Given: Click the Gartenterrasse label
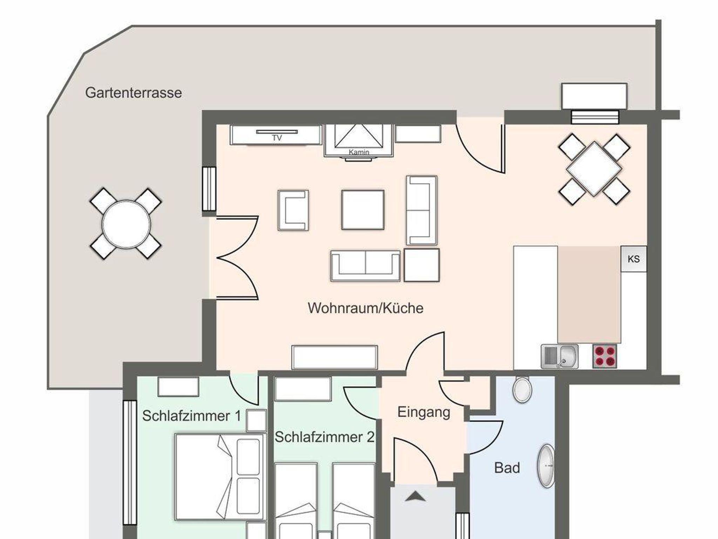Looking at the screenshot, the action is point(134,93).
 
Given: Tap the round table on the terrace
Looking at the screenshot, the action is point(126,224).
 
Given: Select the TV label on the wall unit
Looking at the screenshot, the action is point(277,138).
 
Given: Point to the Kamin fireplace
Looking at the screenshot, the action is point(359,141).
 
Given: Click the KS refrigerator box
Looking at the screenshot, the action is point(634,259).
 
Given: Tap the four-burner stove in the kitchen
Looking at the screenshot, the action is point(605,356).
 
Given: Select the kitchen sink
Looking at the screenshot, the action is point(560,356).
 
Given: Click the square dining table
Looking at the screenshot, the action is point(594,169).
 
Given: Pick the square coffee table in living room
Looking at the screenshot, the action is point(363,210).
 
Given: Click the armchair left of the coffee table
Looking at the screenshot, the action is point(293,210).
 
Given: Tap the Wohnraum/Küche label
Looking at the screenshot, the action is point(366,308).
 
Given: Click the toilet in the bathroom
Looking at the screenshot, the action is point(522,389).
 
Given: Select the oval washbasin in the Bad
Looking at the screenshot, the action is point(546,466).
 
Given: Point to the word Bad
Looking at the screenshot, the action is point(507,468).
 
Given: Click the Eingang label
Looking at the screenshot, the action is point(424,412).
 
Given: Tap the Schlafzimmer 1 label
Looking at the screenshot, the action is point(192,416).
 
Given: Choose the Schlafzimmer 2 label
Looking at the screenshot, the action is point(325,437).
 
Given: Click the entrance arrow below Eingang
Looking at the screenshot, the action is point(415,497).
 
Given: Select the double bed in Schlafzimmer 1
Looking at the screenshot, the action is point(219,477).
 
